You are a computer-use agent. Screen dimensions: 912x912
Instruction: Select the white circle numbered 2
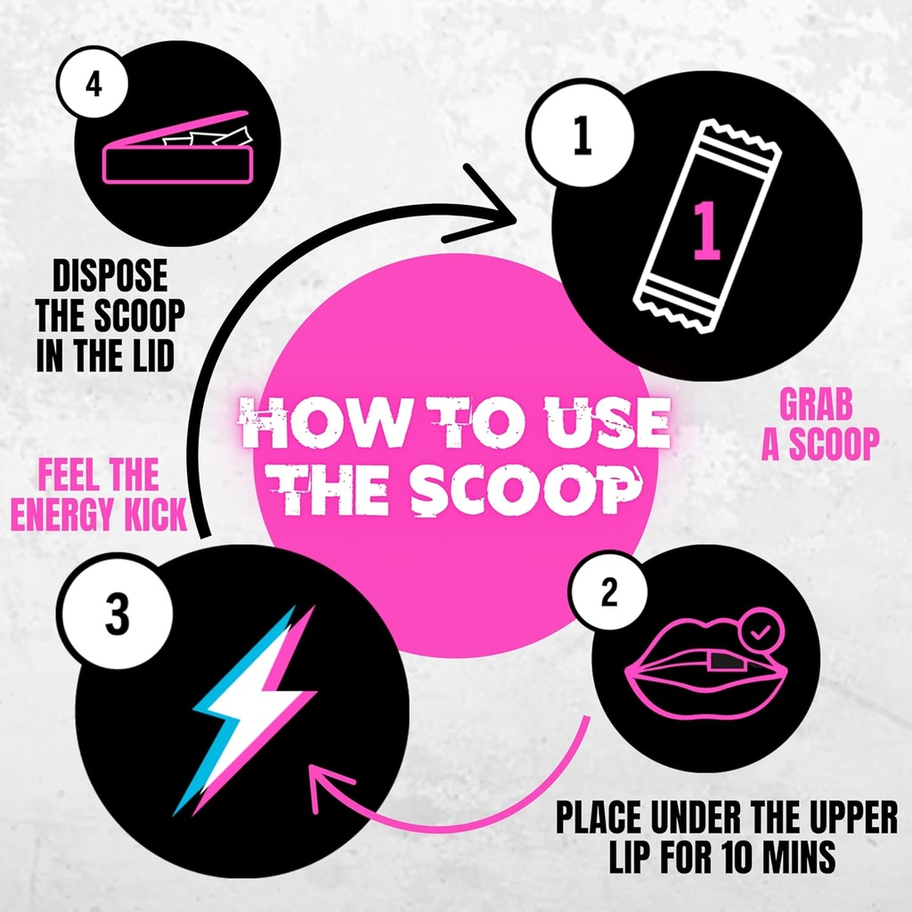point(608,593)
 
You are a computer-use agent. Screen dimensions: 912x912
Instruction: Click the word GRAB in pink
point(816,406)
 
